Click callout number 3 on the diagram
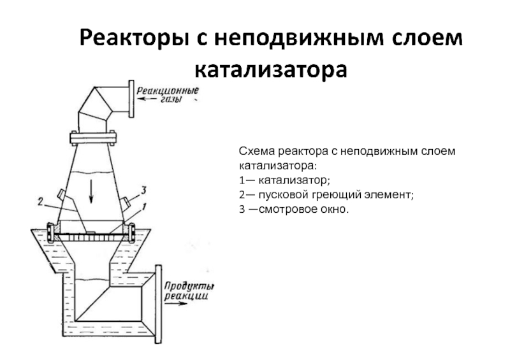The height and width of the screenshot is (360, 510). (x=143, y=189)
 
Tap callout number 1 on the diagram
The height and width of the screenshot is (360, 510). (x=144, y=206)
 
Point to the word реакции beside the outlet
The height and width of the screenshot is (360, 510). (x=186, y=296)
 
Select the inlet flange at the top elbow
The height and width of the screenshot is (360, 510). (x=132, y=98)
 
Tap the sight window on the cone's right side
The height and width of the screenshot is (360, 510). (x=128, y=202)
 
